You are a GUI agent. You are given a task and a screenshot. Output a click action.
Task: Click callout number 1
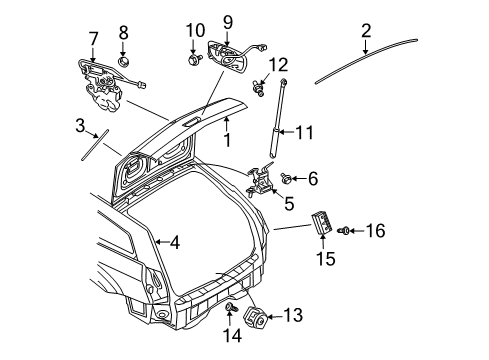pyautogui.click(x=227, y=141)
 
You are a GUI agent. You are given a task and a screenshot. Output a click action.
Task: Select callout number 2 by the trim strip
pyautogui.click(x=366, y=31)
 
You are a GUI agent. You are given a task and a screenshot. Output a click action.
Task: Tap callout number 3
pyautogui.click(x=80, y=126)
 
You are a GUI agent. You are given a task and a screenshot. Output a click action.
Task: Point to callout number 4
pyautogui.click(x=173, y=242)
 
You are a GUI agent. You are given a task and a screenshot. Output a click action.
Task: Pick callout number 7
pyautogui.click(x=93, y=40)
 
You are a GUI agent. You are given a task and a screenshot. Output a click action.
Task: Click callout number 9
pyautogui.click(x=227, y=21)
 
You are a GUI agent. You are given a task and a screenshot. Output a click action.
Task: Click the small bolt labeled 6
pyautogui.click(x=287, y=180)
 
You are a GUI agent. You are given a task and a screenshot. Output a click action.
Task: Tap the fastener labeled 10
pyautogui.click(x=190, y=61)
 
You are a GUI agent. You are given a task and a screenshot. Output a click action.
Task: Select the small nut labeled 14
pyautogui.click(x=229, y=306)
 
